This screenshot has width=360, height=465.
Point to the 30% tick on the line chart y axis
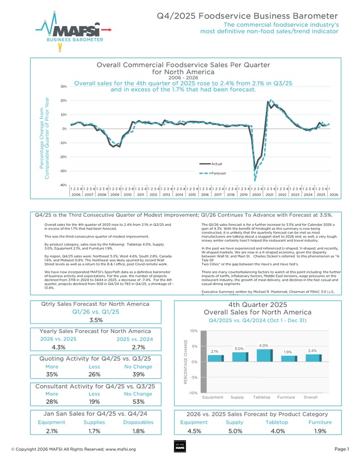tap(64, 87)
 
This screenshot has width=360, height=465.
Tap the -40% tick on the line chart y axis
tap(63, 185)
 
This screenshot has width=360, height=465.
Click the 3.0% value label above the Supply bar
tap(239, 348)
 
